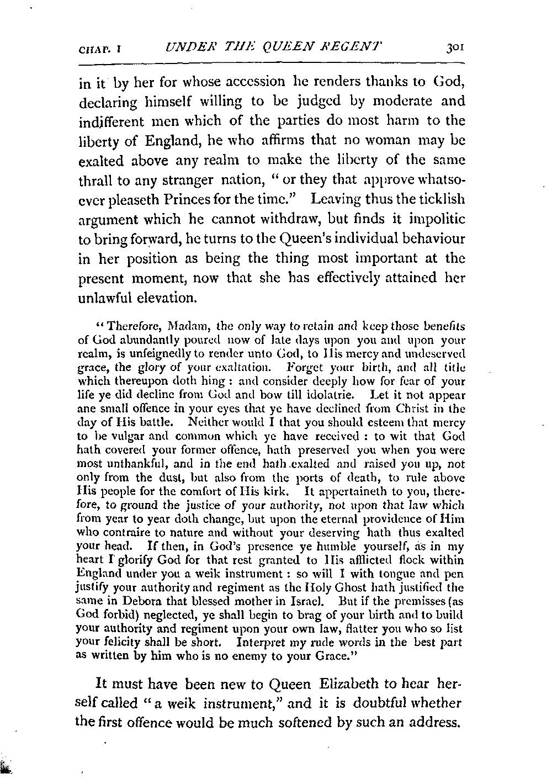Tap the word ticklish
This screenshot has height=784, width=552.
tap(442, 199)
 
